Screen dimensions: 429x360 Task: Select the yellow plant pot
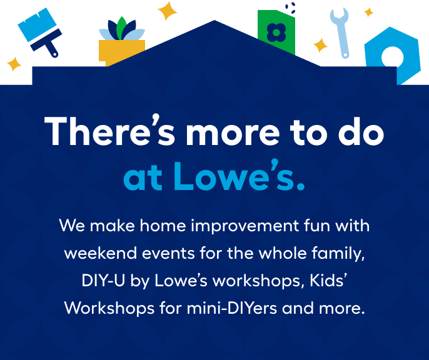tap(121, 52)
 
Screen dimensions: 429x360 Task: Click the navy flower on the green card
tap(276, 32)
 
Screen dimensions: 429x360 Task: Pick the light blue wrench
tap(341, 32)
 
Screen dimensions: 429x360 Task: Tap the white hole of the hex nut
tap(392, 57)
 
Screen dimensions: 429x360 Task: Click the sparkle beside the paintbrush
tap(14, 64)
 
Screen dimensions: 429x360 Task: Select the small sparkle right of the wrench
tap(368, 12)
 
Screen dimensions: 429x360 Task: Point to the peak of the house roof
tap(214, 20)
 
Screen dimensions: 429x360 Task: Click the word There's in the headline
tap(109, 131)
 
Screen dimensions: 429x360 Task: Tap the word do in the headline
tap(361, 131)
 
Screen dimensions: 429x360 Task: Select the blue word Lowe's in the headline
tap(239, 176)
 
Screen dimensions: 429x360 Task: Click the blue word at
tap(143, 177)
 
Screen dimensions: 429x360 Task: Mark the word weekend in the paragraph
tap(101, 253)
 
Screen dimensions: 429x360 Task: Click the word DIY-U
tap(103, 281)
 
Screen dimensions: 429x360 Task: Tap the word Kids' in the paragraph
tap(328, 280)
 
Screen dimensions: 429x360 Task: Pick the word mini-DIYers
tap(232, 307)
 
